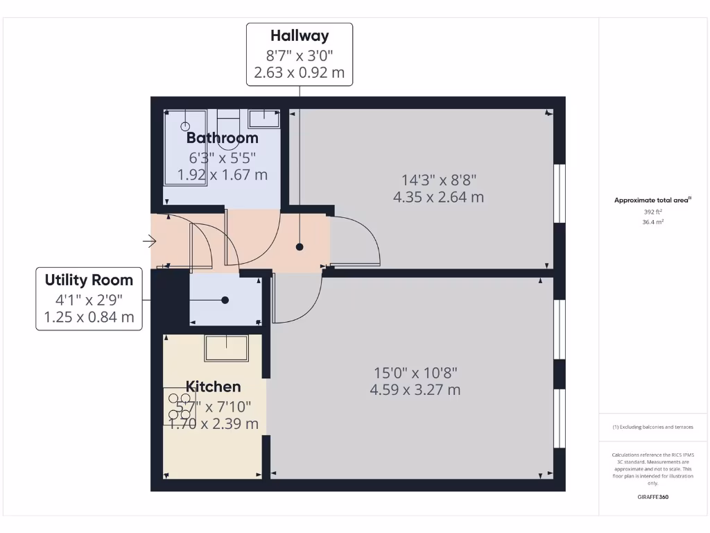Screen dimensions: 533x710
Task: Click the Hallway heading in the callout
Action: [300, 35]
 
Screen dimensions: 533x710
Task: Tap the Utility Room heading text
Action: [89, 280]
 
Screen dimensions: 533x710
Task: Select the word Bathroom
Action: [223, 137]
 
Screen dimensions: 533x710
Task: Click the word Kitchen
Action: [213, 387]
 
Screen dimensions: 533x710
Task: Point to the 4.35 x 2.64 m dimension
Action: [438, 197]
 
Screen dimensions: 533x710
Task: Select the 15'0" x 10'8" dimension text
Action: [415, 373]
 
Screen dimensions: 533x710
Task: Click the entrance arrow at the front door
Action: [148, 242]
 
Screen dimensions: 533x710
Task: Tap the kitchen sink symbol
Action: [226, 347]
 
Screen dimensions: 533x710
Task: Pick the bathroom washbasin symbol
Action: [263, 118]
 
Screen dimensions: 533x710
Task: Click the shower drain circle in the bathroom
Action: [185, 126]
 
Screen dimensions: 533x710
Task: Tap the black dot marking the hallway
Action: [300, 246]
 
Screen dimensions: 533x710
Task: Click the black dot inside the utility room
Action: [225, 301]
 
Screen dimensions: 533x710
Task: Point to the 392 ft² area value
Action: [653, 212]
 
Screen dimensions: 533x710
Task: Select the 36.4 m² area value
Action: [653, 222]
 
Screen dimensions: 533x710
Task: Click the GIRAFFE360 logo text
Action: [652, 497]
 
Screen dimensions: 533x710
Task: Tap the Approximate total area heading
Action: [652, 201]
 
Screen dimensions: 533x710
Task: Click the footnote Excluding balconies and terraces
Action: [652, 428]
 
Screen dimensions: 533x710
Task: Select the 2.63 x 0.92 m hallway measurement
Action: [300, 72]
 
